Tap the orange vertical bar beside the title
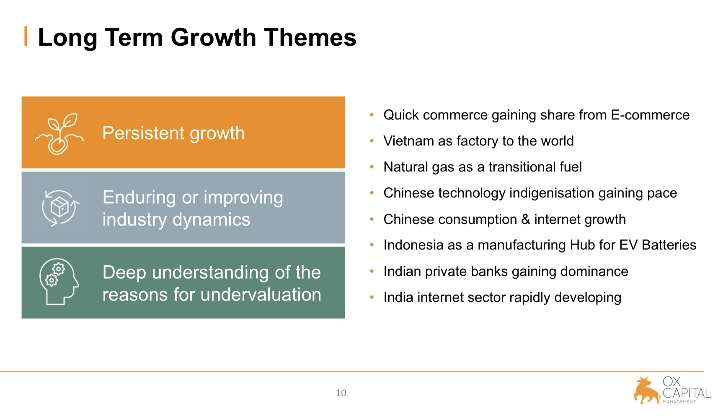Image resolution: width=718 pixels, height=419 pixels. [x=25, y=36]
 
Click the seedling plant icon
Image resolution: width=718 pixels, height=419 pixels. [x=59, y=134]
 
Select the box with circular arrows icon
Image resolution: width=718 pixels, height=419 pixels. [x=60, y=208]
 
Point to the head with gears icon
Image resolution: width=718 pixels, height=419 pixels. [x=59, y=282]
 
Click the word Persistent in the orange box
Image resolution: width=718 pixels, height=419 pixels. [x=143, y=133]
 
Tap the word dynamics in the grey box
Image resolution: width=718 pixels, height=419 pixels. [x=211, y=220]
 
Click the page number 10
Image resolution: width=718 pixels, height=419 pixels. [x=341, y=393]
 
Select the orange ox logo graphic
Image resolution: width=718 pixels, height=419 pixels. [x=646, y=390]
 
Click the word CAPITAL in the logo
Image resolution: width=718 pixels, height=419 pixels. [x=687, y=393]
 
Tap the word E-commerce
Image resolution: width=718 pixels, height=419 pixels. [x=650, y=115]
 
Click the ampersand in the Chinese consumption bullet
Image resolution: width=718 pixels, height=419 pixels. [x=525, y=220]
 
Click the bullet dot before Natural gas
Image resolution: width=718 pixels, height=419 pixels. [x=372, y=167]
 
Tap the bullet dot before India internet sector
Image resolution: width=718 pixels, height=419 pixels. [x=372, y=297]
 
